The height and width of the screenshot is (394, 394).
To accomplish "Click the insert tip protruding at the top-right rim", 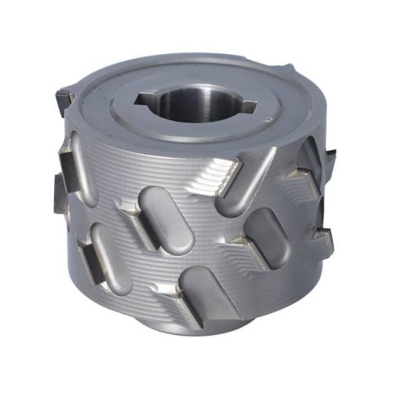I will [x=288, y=70].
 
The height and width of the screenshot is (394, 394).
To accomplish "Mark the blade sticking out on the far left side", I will [x=58, y=193].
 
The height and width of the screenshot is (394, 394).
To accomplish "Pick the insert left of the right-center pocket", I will [x=241, y=241].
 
